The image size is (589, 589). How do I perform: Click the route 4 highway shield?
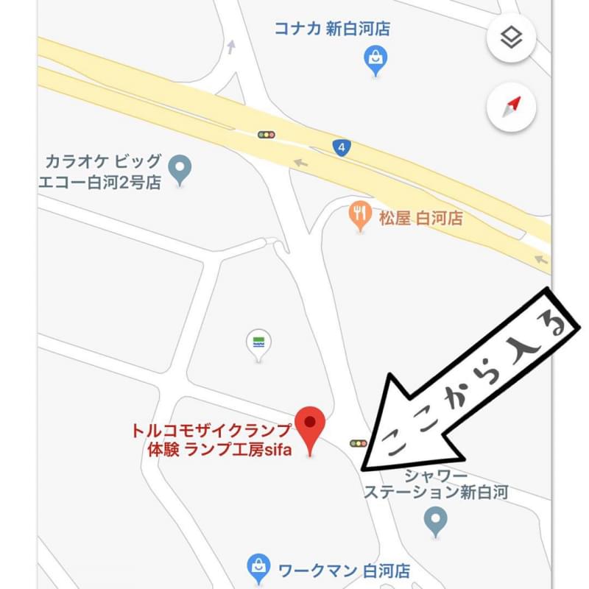pyautogui.click(x=339, y=147)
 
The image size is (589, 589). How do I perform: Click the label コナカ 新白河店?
pyautogui.click(x=332, y=29)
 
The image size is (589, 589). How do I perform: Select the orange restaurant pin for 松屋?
pyautogui.click(x=359, y=214)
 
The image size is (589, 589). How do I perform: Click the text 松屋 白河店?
pyautogui.click(x=420, y=217)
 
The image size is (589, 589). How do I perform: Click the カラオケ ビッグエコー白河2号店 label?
pyautogui.click(x=102, y=172)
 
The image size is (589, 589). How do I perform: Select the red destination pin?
pyautogui.click(x=310, y=428)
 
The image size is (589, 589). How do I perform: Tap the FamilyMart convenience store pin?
pyautogui.click(x=258, y=344)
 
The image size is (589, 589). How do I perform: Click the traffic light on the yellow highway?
pyautogui.click(x=266, y=135)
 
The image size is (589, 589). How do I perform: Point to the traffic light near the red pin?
pyautogui.click(x=358, y=443)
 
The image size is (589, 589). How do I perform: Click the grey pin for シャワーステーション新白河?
pyautogui.click(x=436, y=521)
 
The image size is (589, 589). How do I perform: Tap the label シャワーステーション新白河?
pyautogui.click(x=437, y=485)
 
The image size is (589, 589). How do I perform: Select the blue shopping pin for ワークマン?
pyautogui.click(x=258, y=566)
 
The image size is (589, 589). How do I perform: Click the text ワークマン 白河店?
pyautogui.click(x=343, y=571)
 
